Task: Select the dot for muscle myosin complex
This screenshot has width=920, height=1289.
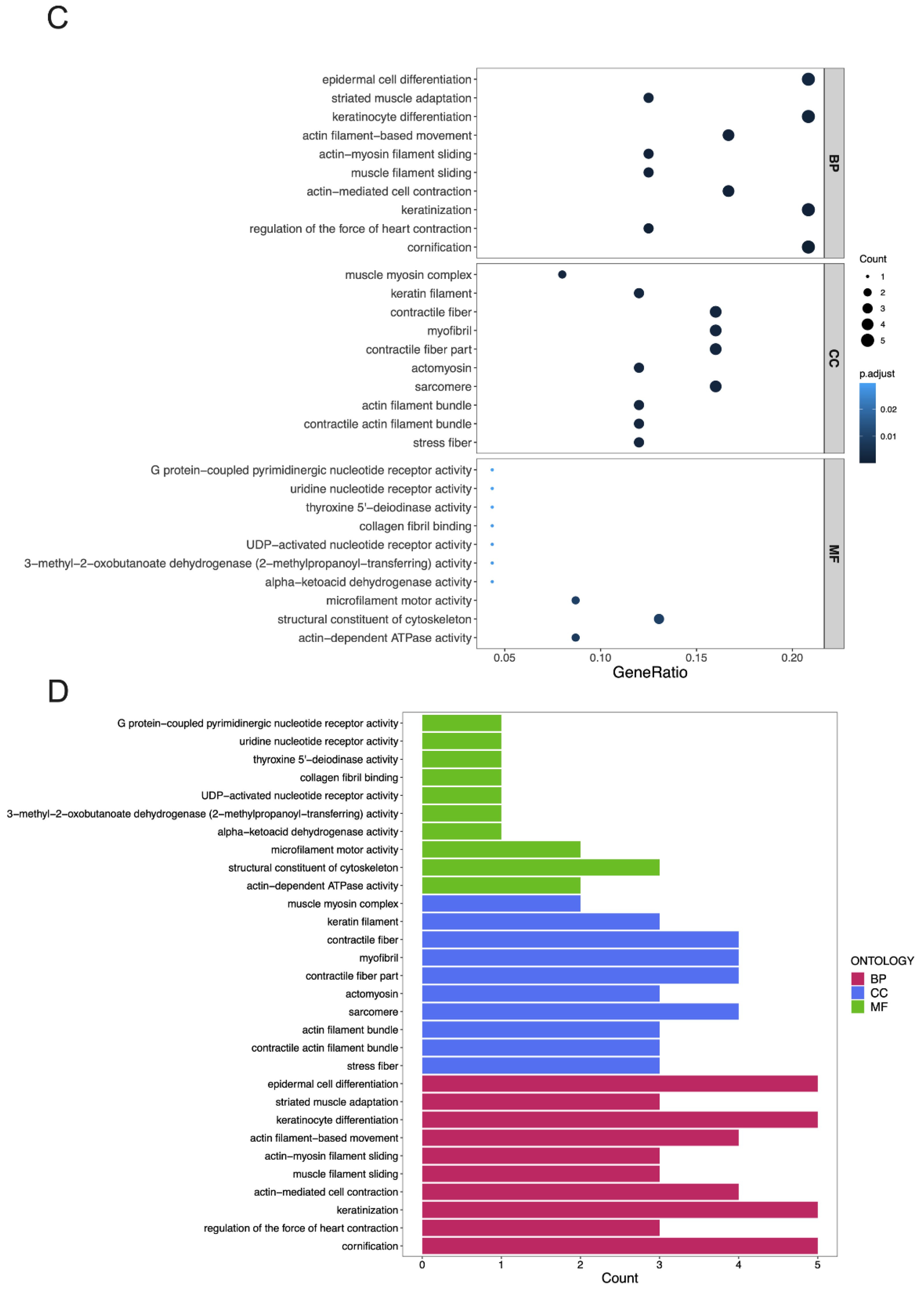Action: [562, 275]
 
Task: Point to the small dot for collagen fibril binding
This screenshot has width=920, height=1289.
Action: [492, 526]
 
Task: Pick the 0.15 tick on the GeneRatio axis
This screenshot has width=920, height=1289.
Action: [696, 657]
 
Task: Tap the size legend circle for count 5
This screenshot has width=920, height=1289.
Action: [867, 340]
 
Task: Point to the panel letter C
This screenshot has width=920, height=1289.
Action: [57, 18]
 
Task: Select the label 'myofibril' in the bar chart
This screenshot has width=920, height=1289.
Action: [378, 958]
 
